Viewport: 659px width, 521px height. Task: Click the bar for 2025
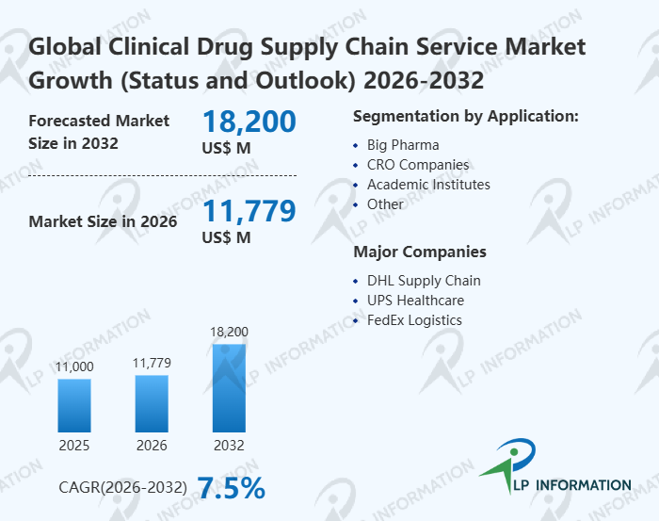(74, 405)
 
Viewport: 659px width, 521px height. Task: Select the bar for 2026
(152, 403)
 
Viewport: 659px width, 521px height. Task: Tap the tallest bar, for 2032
(229, 388)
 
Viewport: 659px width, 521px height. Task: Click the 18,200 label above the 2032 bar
(229, 332)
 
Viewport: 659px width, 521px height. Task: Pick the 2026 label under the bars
(152, 445)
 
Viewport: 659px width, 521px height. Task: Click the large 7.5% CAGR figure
(231, 487)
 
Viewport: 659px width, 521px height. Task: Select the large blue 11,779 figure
(249, 211)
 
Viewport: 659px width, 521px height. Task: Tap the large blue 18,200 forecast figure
(249, 122)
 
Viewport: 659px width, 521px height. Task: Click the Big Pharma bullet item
(403, 145)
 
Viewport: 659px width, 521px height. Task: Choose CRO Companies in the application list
(417, 165)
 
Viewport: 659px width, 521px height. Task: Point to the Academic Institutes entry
(428, 185)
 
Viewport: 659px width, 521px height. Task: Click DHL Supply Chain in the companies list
(424, 281)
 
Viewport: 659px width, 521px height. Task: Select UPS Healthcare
(415, 301)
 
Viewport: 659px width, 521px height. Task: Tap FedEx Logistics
(414, 320)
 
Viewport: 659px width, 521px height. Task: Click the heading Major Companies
(420, 252)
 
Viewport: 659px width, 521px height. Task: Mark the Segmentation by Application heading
(465, 116)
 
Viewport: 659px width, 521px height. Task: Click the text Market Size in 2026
(103, 222)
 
